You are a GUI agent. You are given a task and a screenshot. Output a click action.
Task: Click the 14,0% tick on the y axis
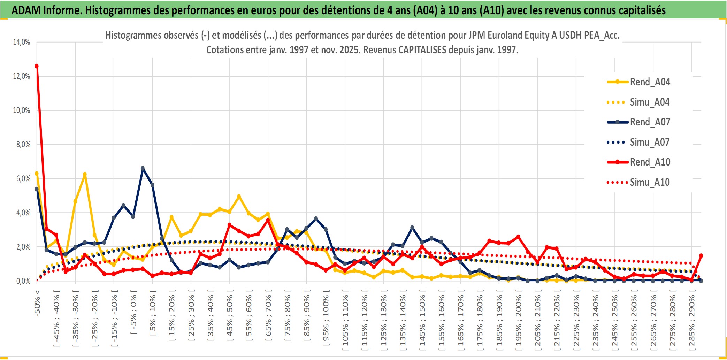tap(22, 42)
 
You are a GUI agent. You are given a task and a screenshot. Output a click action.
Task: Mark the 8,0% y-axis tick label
tap(23, 145)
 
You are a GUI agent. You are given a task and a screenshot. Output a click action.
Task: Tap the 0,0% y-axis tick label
tap(23, 281)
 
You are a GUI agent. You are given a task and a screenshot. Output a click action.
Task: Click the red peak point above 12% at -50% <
tap(37, 66)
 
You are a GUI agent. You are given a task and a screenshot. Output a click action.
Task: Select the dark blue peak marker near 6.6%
tap(143, 168)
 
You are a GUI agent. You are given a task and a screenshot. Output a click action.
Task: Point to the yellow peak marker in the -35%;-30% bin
tap(85, 174)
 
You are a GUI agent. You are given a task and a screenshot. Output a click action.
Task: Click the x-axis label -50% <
tap(37, 303)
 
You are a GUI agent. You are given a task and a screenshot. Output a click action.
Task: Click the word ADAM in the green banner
tap(25, 10)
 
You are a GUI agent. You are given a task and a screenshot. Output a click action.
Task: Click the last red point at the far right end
tap(701, 255)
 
